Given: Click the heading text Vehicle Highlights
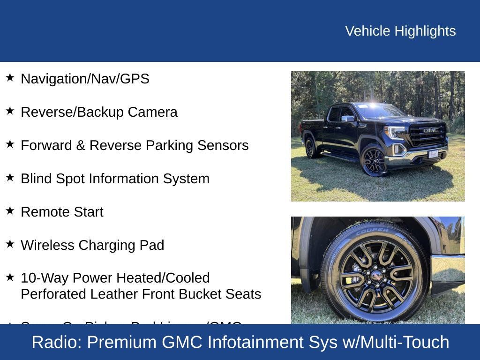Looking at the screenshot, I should click(x=400, y=31).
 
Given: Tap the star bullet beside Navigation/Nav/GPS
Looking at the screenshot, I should click(x=10, y=77).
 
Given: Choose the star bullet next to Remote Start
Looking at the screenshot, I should click(x=10, y=210).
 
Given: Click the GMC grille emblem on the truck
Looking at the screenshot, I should click(x=430, y=130).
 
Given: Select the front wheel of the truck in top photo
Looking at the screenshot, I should click(x=374, y=161).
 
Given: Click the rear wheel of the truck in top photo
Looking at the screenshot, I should click(x=310, y=148).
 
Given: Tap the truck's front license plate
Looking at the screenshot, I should click(x=434, y=153).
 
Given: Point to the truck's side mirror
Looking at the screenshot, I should click(x=348, y=119).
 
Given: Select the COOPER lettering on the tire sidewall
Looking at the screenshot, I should click(x=373, y=231).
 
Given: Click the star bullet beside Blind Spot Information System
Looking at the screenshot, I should click(x=10, y=177).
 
